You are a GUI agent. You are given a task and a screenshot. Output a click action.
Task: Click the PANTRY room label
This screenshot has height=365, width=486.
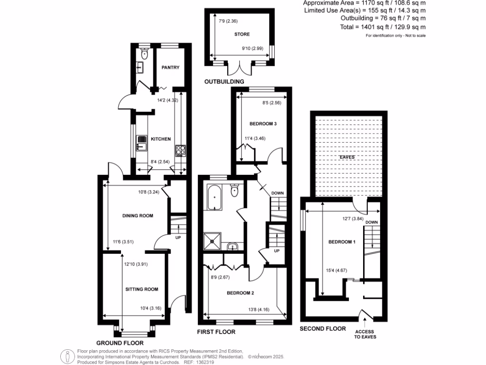[x=170, y=67]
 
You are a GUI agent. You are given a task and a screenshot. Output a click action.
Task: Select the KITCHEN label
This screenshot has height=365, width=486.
[x=161, y=139]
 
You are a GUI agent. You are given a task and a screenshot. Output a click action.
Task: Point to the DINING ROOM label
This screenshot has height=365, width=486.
[x=138, y=216]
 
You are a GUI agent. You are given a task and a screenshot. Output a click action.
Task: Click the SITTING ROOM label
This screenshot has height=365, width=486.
[x=141, y=289]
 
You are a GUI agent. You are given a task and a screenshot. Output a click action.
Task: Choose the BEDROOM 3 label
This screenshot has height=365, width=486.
[x=263, y=124]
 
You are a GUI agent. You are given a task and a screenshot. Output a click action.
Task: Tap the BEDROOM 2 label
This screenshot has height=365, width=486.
[x=239, y=293]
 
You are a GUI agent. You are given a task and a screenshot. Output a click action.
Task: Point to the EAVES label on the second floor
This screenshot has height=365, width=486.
[x=346, y=157]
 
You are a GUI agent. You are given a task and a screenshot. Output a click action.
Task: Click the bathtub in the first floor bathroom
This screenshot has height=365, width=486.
[x=214, y=198]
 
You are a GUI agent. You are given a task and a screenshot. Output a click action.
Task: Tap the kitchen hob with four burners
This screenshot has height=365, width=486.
[x=180, y=151]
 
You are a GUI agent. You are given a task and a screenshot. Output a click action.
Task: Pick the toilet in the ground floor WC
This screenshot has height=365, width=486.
[x=145, y=55]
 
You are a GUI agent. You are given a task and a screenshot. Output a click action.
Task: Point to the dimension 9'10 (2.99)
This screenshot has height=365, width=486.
[x=252, y=48]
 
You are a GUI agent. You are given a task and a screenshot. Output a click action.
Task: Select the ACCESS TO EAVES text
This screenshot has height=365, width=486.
[x=364, y=334]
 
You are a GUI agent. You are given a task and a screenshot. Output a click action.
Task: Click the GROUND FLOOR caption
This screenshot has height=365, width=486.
[x=120, y=343]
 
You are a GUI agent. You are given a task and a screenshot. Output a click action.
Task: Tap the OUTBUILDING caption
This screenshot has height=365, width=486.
[x=224, y=82]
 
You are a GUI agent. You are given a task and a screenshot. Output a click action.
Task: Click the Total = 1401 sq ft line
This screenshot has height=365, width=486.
[x=383, y=27]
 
